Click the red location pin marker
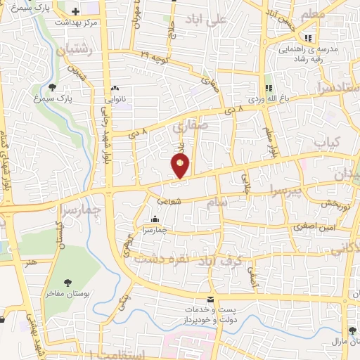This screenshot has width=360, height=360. point(181,167)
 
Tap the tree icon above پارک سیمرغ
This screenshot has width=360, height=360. point(53,87)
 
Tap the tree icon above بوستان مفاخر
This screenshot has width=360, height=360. point(69,283)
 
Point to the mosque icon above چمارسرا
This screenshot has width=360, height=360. point(155,219)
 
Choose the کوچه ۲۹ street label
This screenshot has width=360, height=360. point(153,55)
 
